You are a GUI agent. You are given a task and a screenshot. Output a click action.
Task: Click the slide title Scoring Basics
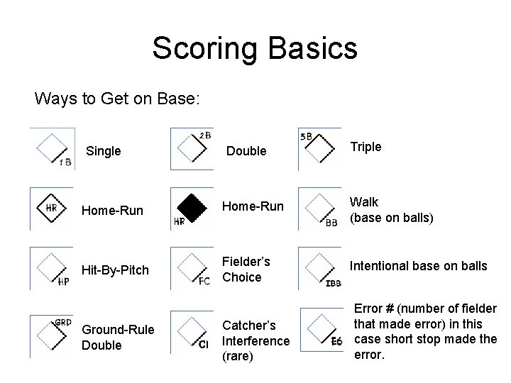click(255, 49)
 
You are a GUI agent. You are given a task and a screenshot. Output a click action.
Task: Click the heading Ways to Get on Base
click(118, 99)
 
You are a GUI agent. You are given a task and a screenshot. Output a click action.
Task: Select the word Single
click(103, 151)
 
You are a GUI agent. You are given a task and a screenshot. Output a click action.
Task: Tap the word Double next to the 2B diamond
click(246, 151)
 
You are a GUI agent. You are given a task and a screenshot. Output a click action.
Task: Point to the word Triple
click(366, 147)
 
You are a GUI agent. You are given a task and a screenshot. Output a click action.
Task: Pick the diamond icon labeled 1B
click(52, 150)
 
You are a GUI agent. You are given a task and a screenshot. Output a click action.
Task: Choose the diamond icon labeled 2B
click(192, 148)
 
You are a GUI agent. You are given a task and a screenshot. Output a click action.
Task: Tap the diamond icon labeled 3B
click(319, 148)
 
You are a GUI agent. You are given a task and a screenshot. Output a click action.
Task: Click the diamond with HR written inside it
click(51, 208)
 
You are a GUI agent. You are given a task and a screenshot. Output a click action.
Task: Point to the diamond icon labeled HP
click(52, 267)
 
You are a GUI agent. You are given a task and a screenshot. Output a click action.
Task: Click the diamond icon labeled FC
click(192, 267)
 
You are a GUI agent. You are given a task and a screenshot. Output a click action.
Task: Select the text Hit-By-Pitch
click(116, 270)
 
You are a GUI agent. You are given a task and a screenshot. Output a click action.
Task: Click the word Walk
click(364, 203)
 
